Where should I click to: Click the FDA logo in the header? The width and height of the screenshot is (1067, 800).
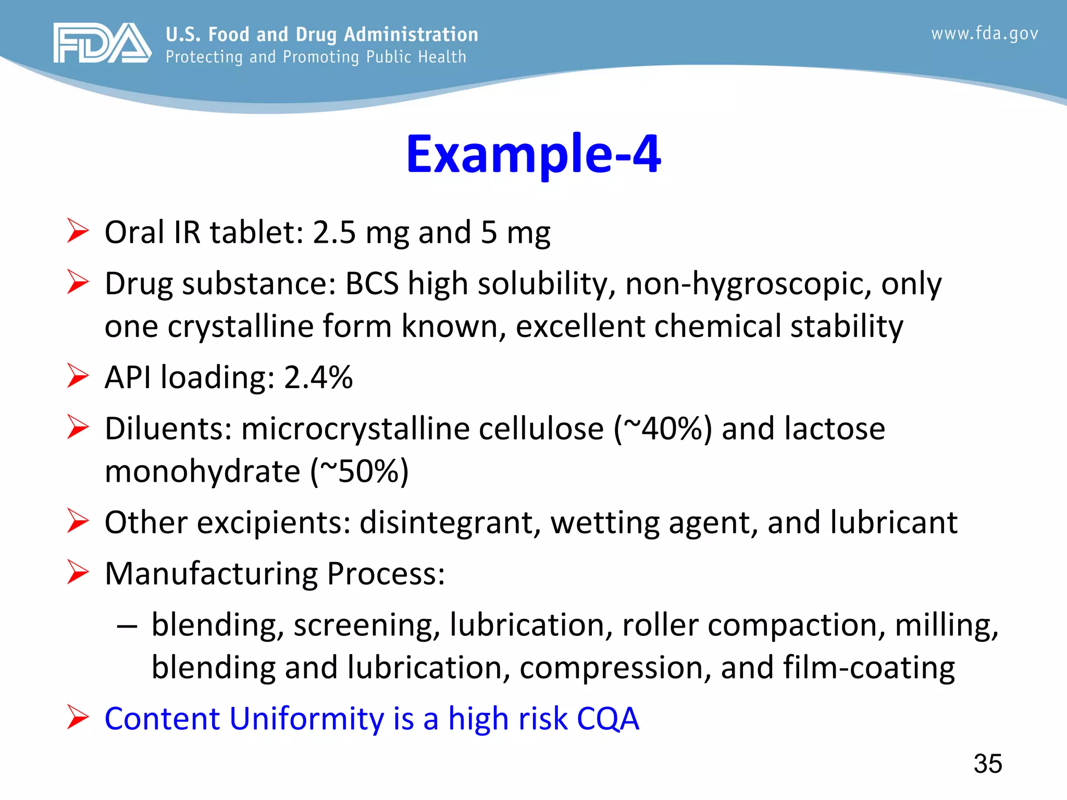[102, 43]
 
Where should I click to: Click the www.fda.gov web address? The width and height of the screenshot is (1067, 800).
[984, 34]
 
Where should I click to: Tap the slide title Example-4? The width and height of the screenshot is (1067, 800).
[533, 154]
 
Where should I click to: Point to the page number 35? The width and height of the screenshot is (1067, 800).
[987, 764]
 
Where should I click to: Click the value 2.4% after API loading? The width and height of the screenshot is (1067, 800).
[318, 377]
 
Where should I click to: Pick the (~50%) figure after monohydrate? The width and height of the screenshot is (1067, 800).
[359, 471]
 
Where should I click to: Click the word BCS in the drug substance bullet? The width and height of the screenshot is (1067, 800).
[371, 284]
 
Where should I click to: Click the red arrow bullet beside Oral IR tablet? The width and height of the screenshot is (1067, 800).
[78, 231]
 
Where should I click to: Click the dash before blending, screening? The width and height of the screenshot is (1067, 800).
[127, 626]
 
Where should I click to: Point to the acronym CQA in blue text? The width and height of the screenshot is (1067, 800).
[607, 719]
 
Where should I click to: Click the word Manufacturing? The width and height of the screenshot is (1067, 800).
[211, 574]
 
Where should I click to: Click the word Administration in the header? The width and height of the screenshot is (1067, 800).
[411, 34]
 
